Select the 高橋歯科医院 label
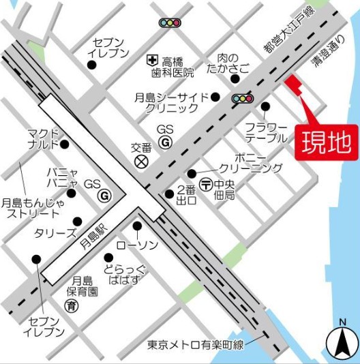click(177, 66)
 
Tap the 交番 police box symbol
click(142, 162)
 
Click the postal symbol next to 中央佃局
click(205, 185)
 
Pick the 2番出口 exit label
click(185, 194)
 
